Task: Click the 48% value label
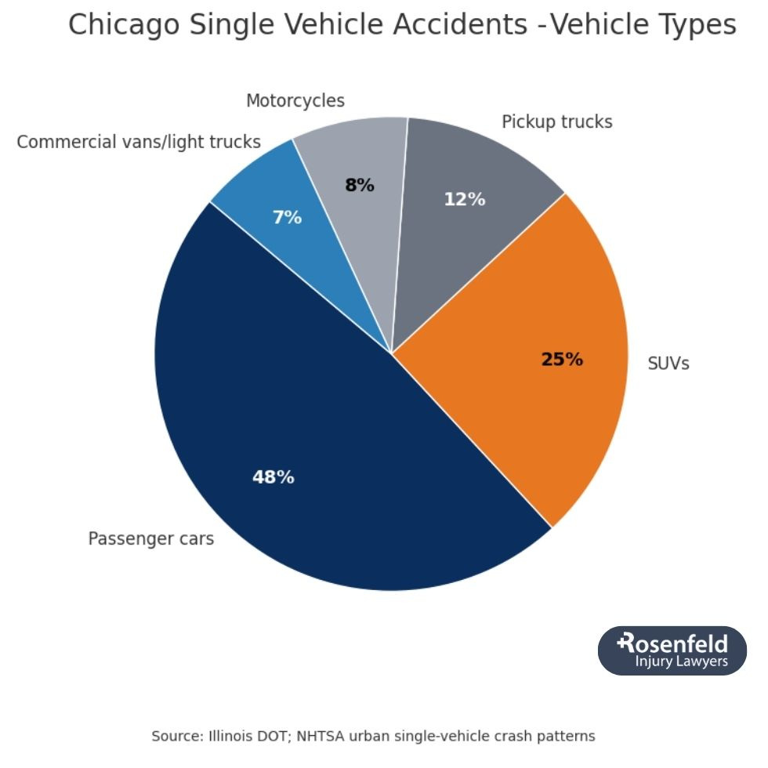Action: click(273, 476)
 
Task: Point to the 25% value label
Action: click(562, 360)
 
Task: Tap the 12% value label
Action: click(464, 200)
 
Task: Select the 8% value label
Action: click(360, 186)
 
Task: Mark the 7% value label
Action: click(287, 218)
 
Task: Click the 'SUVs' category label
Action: click(668, 364)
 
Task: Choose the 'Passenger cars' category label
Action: click(150, 539)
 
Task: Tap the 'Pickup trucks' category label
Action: click(556, 122)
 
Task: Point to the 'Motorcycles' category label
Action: click(295, 101)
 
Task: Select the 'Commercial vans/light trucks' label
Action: click(139, 142)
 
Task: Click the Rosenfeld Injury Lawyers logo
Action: click(672, 650)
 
